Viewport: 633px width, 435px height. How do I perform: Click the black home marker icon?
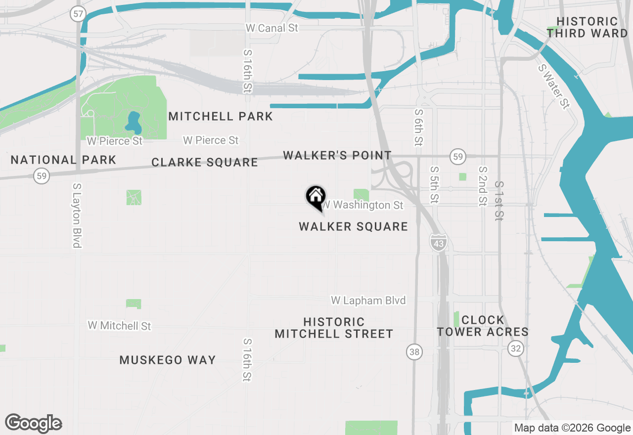(315, 197)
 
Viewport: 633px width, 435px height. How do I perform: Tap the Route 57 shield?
(78, 13)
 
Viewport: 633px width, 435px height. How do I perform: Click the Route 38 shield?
(414, 352)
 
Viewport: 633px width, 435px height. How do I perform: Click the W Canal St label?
(272, 28)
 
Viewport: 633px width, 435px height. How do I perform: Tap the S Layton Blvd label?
(77, 215)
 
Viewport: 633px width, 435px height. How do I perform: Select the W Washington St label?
(363, 205)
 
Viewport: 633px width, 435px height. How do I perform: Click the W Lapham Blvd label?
(368, 301)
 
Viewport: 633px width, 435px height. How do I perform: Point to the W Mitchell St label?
(119, 326)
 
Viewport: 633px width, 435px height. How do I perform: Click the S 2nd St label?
(483, 186)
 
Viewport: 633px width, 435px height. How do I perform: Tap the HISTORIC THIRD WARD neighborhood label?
(587, 28)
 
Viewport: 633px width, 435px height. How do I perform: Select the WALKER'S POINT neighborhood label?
(337, 155)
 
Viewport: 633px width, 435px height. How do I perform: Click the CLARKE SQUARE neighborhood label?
(205, 162)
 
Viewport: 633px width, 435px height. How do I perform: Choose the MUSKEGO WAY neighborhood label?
(168, 360)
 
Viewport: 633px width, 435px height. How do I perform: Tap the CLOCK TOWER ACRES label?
(483, 326)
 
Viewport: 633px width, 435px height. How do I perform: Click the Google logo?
(34, 423)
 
